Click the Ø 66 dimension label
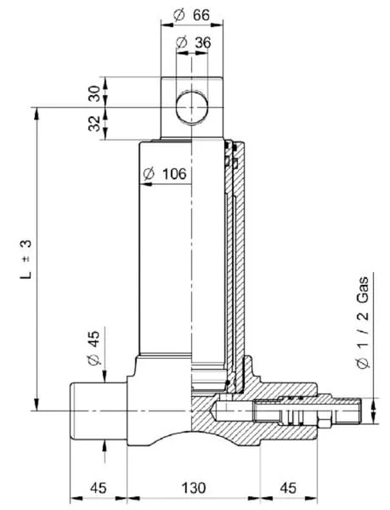192,14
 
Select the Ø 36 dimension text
193,42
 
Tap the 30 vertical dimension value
94,93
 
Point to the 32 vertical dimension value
94,123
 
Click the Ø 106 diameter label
165,174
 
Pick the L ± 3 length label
26,259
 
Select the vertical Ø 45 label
94,348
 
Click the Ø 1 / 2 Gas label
363,322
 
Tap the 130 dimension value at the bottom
194,488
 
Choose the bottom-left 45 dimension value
99,488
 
